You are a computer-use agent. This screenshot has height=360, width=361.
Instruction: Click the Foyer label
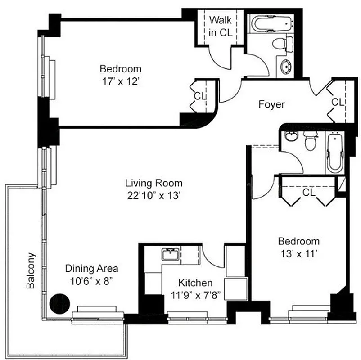pos(271,104)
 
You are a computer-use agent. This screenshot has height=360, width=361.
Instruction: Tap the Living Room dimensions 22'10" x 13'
pos(153,196)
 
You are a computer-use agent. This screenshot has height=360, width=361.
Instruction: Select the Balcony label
pos(31,270)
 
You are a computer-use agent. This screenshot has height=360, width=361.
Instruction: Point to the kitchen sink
pos(170,255)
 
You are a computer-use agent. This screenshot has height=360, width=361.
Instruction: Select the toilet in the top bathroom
pos(280,44)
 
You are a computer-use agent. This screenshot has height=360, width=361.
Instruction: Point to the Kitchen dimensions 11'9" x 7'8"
pos(195,295)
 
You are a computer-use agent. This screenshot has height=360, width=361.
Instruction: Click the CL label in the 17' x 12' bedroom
pos(200,96)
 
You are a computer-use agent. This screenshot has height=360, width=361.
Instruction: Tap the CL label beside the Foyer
pos(338,102)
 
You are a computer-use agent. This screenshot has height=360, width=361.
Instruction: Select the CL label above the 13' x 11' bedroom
pos(308,193)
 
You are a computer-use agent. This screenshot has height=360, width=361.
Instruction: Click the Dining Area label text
pos(92,269)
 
